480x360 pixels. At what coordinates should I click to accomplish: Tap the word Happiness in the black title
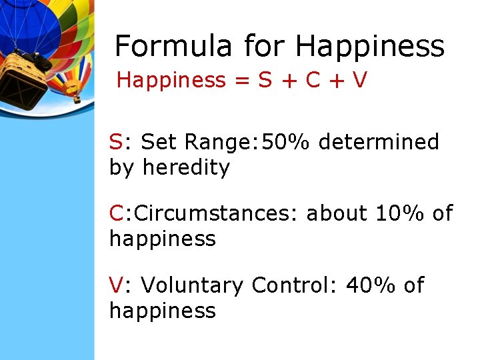point(370,47)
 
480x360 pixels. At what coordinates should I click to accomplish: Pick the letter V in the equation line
point(360,81)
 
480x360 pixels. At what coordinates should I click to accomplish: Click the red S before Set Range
point(116,142)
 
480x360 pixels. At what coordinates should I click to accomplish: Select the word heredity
point(186,167)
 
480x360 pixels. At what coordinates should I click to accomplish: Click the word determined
point(379,142)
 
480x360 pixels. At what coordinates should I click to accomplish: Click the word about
point(337,214)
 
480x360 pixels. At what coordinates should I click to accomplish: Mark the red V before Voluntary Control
point(116,285)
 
